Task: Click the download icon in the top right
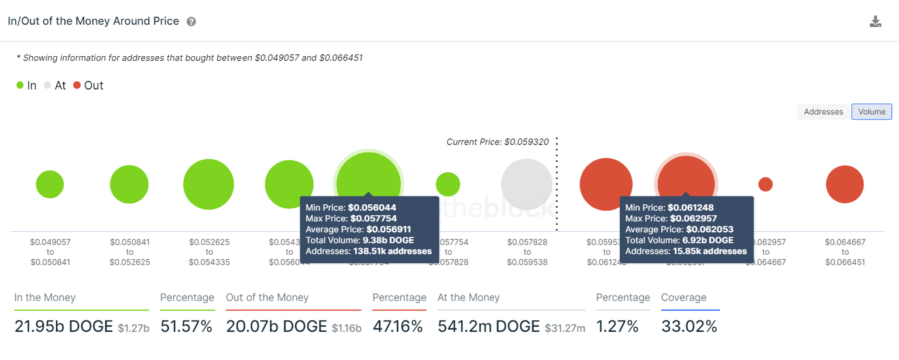pos(875,22)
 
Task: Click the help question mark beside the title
pos(191,22)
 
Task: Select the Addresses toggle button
pos(823,112)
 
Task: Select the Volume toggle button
pos(871,112)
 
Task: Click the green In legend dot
pos(20,85)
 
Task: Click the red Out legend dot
pos(77,85)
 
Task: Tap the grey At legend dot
pos(47,85)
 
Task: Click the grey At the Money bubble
pos(526,184)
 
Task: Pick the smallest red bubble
pos(765,184)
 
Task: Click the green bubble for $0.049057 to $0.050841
pos(50,184)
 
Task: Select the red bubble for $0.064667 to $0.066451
pos(845,184)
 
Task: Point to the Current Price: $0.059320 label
pos(497,142)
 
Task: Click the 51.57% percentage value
pos(186,326)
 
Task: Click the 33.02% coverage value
pos(689,326)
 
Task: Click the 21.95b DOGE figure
pos(63,326)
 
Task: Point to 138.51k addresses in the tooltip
pos(392,251)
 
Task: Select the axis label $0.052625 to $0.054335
pos(209,252)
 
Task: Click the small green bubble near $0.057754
pos(448,184)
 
